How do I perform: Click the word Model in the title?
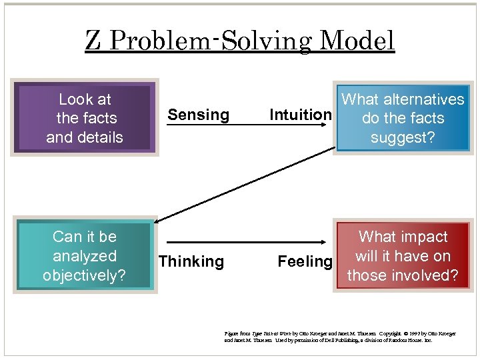click(x=357, y=41)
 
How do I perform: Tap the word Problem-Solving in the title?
click(x=209, y=41)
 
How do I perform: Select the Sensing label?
click(x=198, y=115)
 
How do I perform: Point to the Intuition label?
click(x=300, y=115)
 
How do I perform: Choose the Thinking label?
click(x=191, y=261)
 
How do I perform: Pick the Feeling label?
click(x=305, y=261)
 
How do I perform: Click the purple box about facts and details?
click(x=85, y=118)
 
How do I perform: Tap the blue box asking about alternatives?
click(x=403, y=118)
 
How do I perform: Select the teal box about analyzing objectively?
click(x=85, y=256)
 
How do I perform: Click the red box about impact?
click(x=403, y=256)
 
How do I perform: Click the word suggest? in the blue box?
click(x=403, y=137)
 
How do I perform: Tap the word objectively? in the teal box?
click(x=84, y=275)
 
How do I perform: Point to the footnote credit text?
click(x=340, y=336)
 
